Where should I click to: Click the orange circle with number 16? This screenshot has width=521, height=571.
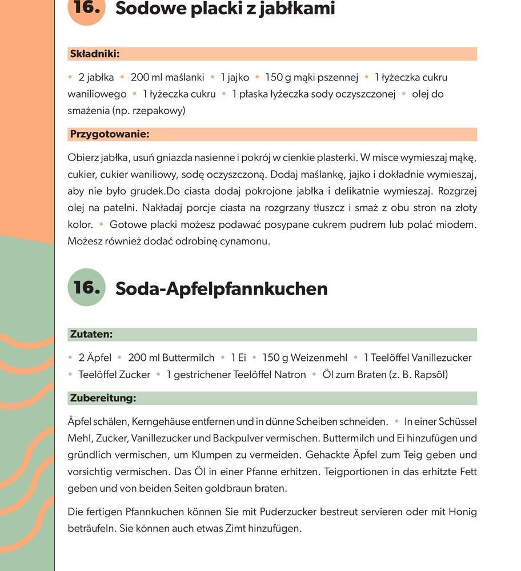tap(87, 10)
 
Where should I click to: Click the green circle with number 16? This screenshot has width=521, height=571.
tap(87, 287)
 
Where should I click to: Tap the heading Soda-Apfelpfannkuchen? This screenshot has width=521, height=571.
tap(222, 289)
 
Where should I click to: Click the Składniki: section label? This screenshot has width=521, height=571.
tap(94, 54)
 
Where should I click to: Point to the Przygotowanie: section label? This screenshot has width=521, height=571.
tap(109, 135)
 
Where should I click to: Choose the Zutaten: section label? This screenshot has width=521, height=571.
tap(91, 335)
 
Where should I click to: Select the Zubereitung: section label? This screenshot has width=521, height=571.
tap(103, 398)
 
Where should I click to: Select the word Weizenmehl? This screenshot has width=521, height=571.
tap(319, 358)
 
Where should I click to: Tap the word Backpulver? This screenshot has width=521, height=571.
tap(239, 439)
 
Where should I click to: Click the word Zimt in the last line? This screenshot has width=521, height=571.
tap(231, 528)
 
